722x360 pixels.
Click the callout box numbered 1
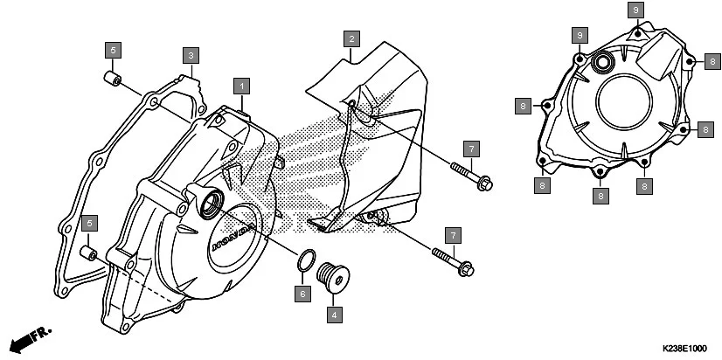coord(242,86)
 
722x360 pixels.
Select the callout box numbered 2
coord(351,39)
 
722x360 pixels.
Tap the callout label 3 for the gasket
coord(190,55)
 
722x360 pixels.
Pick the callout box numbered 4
coord(333,312)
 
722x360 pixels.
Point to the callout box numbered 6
coord(302,294)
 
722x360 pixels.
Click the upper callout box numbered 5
coord(115,49)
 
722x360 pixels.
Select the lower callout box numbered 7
coord(452,235)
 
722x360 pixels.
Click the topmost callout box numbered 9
coord(636,10)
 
